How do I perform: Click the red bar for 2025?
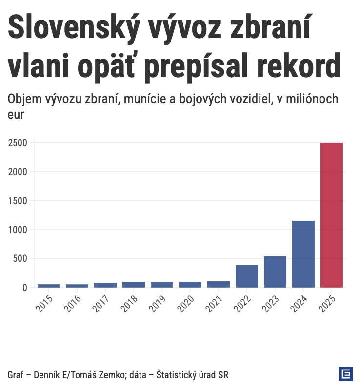[332, 215]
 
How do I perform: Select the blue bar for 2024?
[303, 254]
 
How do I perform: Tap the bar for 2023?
[275, 272]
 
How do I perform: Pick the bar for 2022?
[247, 276]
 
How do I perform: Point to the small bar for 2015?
[49, 286]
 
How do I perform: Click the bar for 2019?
[162, 285]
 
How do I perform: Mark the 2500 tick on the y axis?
[17, 143]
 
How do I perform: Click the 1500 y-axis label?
[17, 201]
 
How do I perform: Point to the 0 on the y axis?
[24, 287]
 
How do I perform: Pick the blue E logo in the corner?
[345, 373]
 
